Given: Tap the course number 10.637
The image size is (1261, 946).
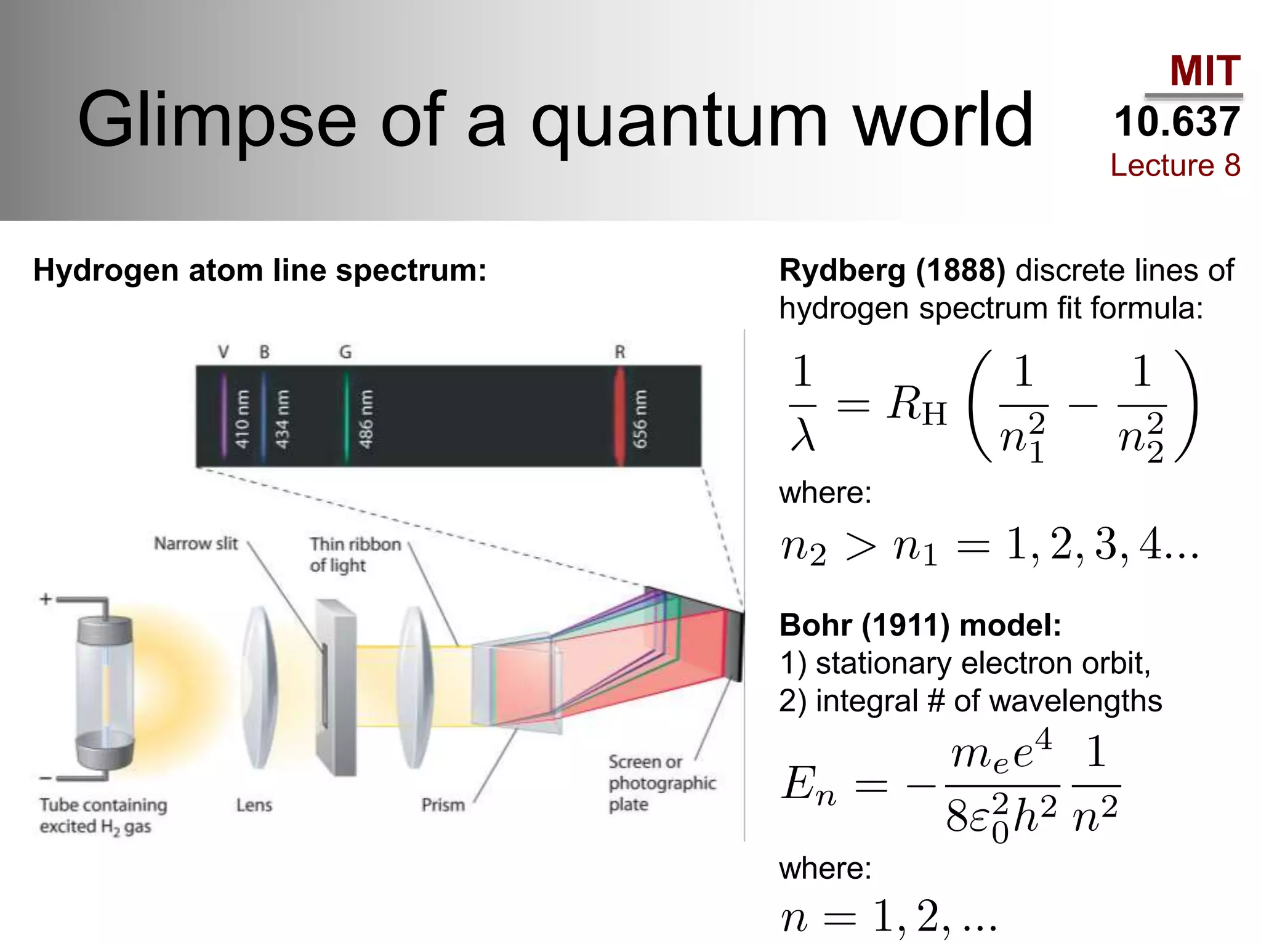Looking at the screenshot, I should [1177, 121].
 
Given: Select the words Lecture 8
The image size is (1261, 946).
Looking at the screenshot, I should [1175, 165].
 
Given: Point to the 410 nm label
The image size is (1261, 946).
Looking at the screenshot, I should [242, 419].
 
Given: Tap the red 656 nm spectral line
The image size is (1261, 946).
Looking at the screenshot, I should [619, 416].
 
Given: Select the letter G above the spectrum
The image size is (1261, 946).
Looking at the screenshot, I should [345, 352].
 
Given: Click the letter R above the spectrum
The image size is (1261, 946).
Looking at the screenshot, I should [619, 352].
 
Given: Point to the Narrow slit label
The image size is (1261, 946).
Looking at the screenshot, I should [195, 543].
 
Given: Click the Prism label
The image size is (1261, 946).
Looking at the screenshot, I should [443, 804].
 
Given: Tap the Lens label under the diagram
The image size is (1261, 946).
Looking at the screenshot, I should [254, 804].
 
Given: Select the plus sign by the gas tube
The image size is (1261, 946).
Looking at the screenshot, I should [46, 599].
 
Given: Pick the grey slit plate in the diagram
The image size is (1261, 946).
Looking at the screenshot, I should [336, 687].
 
